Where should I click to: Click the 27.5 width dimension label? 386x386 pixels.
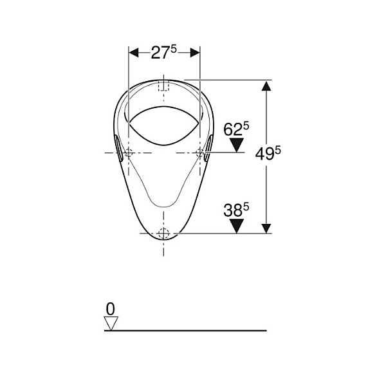pos(163,52)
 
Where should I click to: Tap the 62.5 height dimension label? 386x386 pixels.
pos(236,129)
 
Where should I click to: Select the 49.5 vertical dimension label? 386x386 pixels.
pos(268,154)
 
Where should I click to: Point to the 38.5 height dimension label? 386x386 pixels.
pos(236,210)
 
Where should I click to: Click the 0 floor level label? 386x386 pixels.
pos(110,309)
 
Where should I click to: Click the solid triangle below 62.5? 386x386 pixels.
pos(237,145)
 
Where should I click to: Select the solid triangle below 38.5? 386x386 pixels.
pos(237,226)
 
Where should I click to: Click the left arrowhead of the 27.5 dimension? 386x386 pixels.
pos(134,53)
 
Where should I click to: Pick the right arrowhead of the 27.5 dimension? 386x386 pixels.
pos(195,53)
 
